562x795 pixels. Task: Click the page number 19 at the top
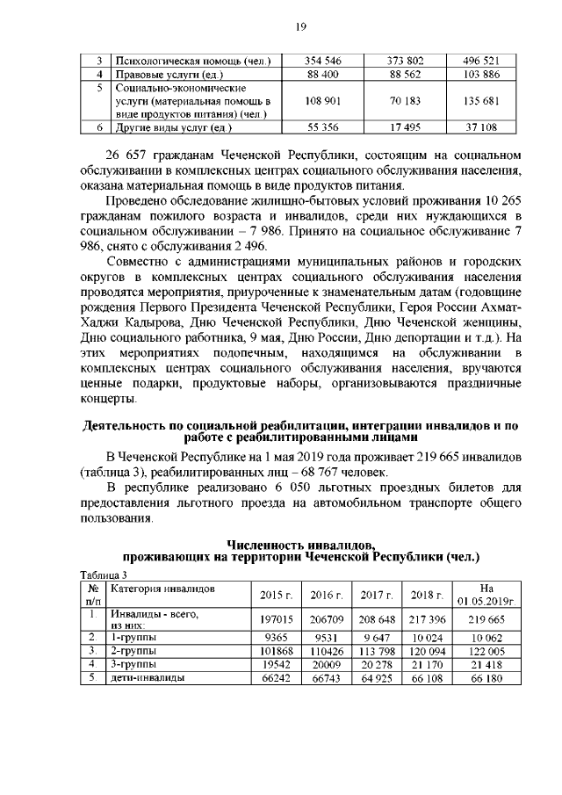pos(300,28)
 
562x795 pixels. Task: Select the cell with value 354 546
pos(322,61)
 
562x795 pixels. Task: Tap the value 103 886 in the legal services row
pos(480,75)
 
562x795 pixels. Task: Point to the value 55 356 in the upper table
pos(322,127)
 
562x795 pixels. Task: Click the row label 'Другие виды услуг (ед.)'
pos(172,127)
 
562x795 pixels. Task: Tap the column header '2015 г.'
pos(276,595)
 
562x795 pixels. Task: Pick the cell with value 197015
pos(276,619)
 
